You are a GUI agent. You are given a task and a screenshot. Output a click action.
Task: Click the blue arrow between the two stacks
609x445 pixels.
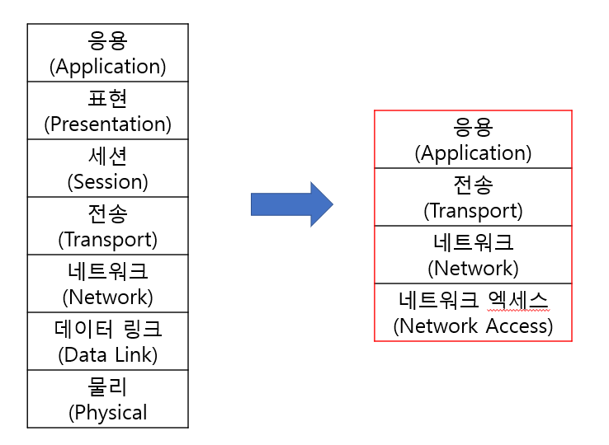(x=291, y=204)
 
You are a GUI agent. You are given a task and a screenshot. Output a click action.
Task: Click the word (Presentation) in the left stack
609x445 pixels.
(x=107, y=124)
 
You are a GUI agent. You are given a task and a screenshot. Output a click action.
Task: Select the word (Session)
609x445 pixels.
(x=107, y=182)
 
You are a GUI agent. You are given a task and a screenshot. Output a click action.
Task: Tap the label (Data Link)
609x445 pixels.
(x=107, y=355)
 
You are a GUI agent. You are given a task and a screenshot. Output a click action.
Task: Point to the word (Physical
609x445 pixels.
(x=107, y=413)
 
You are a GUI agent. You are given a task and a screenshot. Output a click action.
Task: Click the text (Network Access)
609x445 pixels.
(x=473, y=326)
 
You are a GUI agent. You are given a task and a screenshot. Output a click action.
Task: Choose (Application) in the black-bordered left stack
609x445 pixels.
(x=107, y=67)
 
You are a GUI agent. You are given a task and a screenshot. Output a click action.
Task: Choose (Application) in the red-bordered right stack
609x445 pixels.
(x=473, y=153)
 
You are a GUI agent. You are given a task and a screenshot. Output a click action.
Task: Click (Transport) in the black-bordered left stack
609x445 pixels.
(x=107, y=240)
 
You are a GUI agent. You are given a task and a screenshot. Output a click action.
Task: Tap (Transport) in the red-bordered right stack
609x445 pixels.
(x=473, y=211)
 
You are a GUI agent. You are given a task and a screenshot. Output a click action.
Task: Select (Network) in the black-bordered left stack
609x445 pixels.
(x=107, y=297)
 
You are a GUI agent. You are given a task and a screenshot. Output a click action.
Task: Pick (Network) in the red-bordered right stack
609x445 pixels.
(x=473, y=269)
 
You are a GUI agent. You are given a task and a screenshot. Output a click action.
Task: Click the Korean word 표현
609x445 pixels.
(x=107, y=98)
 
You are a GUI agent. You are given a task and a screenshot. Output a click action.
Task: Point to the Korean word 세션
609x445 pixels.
(x=107, y=156)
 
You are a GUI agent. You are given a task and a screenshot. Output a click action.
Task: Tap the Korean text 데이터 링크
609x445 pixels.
(x=107, y=329)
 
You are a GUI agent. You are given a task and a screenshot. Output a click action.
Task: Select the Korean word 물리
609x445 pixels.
(x=107, y=386)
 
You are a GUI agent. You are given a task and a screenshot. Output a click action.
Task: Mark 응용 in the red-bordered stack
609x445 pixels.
(x=473, y=127)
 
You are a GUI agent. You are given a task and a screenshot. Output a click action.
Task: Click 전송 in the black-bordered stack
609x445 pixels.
(x=107, y=213)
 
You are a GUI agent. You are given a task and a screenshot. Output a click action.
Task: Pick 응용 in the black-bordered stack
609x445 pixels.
(x=107, y=40)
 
